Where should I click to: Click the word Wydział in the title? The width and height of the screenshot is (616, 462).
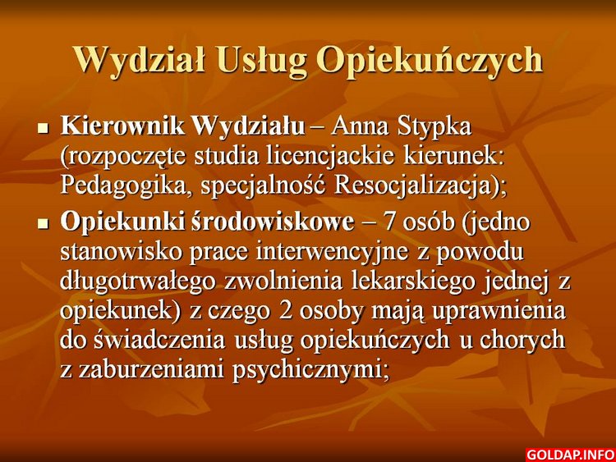pyautogui.click(x=140, y=60)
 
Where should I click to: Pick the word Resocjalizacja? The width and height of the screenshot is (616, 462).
pyautogui.click(x=413, y=186)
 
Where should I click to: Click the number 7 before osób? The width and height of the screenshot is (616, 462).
pyautogui.click(x=389, y=222)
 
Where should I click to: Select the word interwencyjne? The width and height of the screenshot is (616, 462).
pyautogui.click(x=333, y=253)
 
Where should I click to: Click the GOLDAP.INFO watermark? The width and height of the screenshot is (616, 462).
pyautogui.click(x=570, y=455)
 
